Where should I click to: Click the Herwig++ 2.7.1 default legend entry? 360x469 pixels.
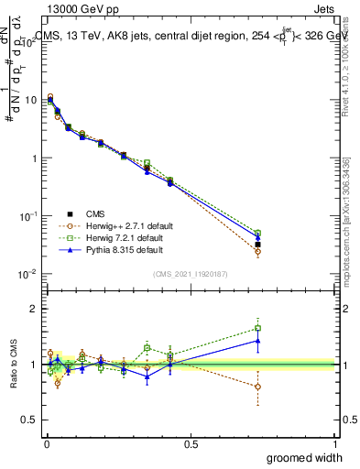pos(125,225)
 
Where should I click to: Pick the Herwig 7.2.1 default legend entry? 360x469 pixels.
pos(124,237)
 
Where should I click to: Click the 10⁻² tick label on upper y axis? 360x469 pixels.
pos(28,274)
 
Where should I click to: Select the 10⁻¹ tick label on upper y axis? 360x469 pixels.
pos(28,215)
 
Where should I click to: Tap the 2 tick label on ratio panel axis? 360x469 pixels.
pos(35,309)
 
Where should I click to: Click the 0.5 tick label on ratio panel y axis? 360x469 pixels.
pos(31,420)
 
